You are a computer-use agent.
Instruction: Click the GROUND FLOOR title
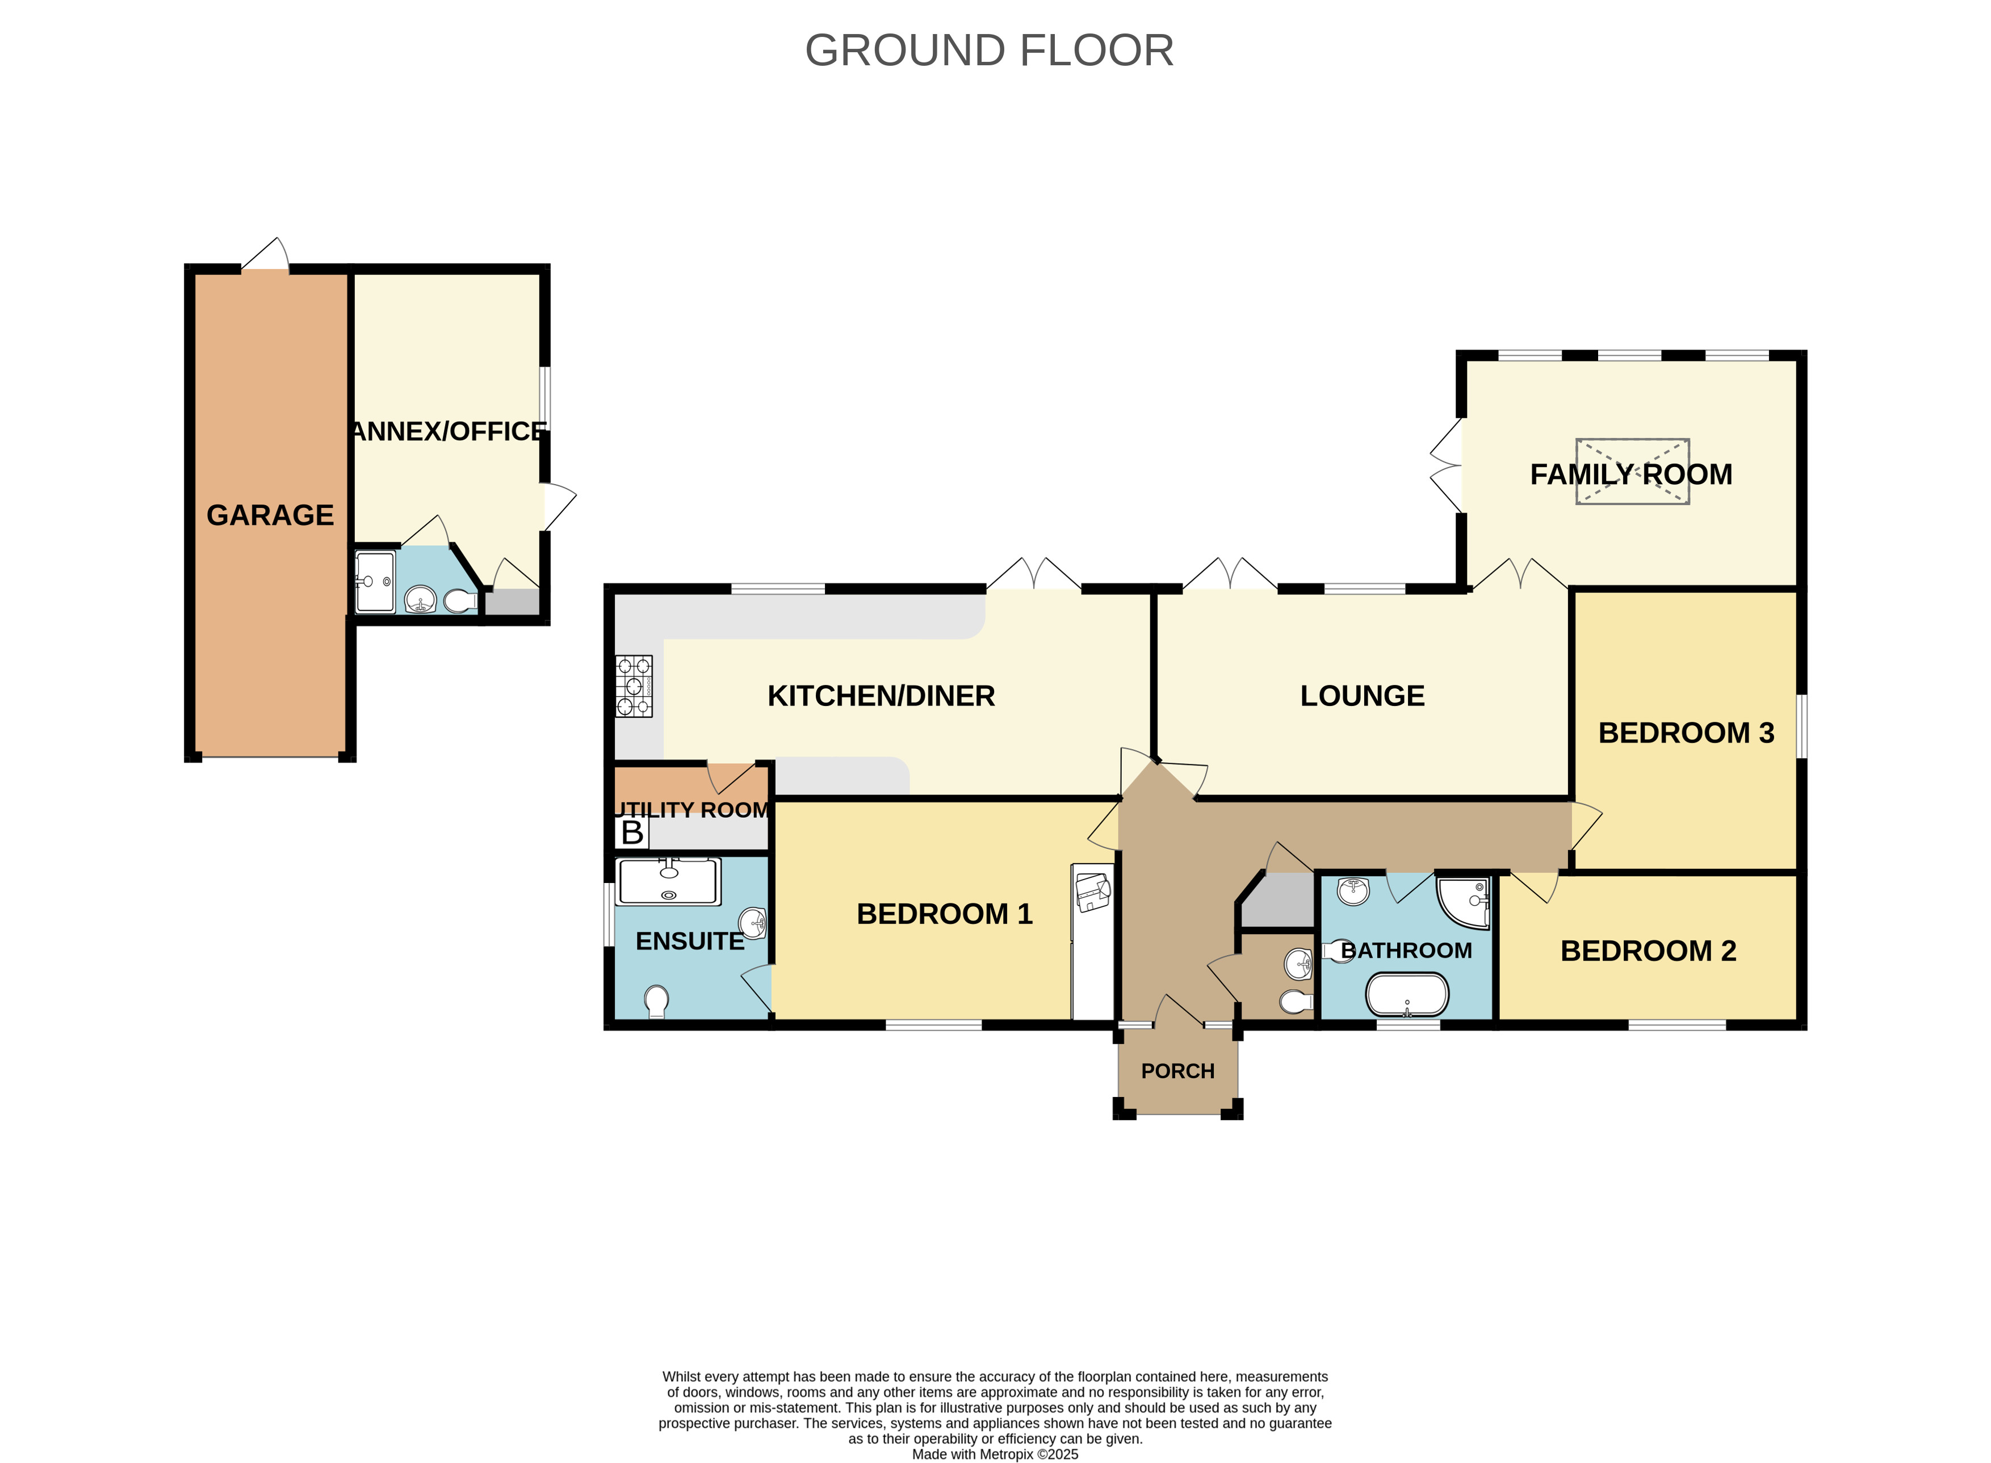click(x=989, y=51)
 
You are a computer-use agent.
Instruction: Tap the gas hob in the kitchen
click(x=634, y=686)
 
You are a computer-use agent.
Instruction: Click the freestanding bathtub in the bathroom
click(x=1406, y=994)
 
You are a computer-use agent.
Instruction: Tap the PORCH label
click(x=1177, y=1071)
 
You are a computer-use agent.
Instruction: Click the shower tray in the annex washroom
click(x=375, y=582)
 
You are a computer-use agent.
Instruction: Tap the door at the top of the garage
click(x=266, y=257)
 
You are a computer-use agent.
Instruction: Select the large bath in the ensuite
click(x=667, y=882)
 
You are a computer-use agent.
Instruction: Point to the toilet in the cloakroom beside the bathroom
click(x=1296, y=1002)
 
